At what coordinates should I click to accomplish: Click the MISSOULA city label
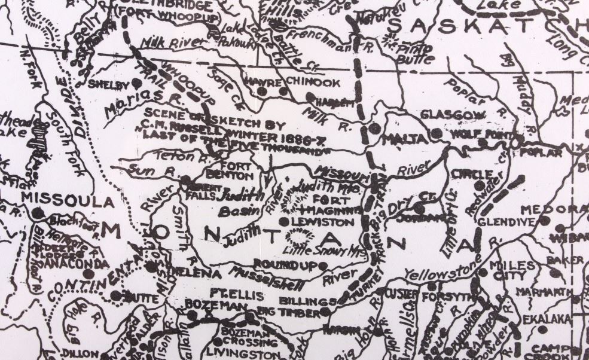click(58, 200)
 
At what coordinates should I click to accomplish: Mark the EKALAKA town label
click(544, 319)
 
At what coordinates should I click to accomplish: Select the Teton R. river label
click(157, 157)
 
